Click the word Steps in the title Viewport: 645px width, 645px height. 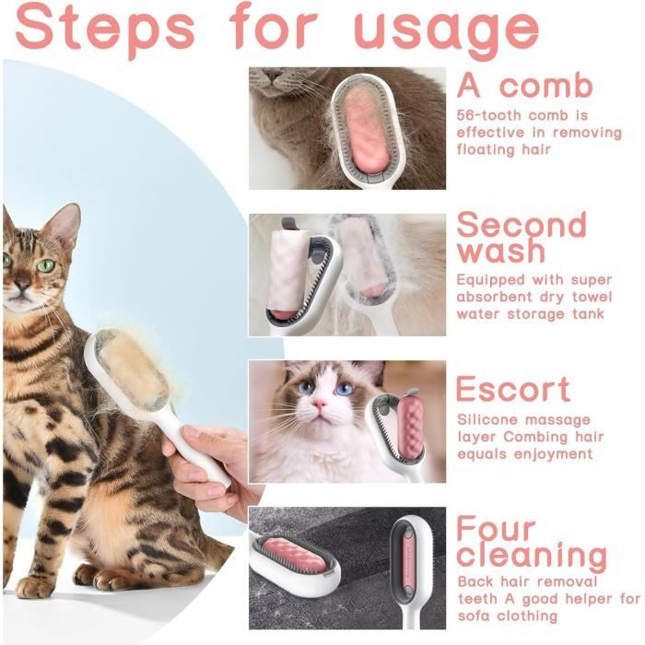click(104, 30)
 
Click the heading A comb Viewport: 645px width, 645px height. click(525, 85)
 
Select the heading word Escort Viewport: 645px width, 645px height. click(513, 389)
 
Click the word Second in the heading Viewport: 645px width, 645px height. click(522, 224)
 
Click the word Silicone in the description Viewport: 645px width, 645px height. click(488, 419)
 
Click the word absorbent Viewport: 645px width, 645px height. click(488, 297)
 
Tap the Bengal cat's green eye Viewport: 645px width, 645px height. click(46, 265)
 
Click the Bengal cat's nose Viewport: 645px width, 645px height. click(21, 284)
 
